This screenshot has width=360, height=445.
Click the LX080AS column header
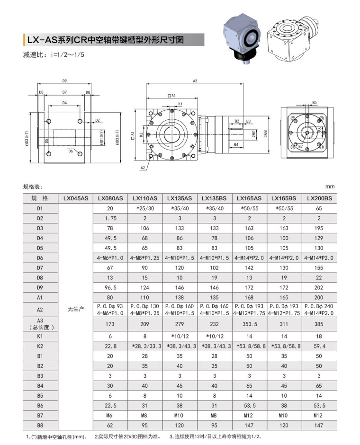point(110,198)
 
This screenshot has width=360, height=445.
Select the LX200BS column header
point(319,198)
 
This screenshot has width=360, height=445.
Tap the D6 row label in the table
point(40,258)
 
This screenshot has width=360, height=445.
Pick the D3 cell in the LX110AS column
point(145,228)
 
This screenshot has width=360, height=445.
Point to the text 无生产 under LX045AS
point(75,309)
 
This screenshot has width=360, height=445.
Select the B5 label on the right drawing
point(314,102)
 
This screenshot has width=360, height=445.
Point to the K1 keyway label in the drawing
point(180,104)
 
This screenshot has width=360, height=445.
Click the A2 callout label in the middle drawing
point(143,168)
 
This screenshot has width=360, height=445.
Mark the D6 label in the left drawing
point(71,151)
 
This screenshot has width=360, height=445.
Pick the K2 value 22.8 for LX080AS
point(110,346)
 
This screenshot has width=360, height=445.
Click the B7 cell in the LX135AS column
point(180,415)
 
